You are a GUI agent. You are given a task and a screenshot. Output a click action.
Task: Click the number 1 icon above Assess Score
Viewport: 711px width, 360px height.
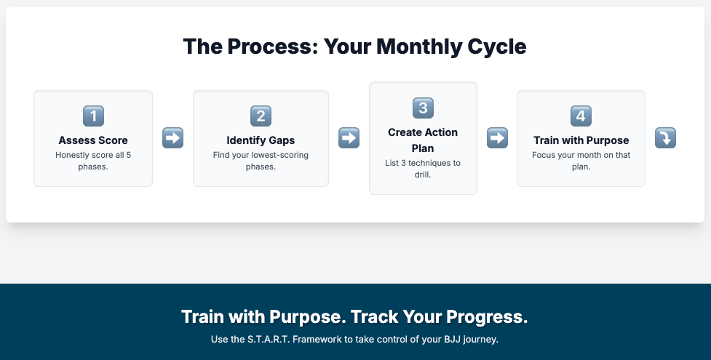(x=93, y=116)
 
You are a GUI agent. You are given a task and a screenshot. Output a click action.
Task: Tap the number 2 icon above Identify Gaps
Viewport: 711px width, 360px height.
(x=261, y=116)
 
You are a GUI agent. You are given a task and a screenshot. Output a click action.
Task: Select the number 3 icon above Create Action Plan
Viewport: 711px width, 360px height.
(x=423, y=108)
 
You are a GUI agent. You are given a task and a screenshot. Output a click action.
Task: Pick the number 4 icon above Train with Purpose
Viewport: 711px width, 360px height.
(x=581, y=116)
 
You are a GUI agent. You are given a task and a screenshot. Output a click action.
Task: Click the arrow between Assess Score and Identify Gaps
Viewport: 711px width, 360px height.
(x=172, y=138)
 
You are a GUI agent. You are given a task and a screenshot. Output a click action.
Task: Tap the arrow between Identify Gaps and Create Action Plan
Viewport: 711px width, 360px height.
(x=349, y=138)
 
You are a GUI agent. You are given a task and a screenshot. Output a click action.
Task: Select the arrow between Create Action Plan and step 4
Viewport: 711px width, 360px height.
(x=498, y=138)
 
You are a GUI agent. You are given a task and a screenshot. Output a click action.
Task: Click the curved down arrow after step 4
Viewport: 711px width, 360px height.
(x=665, y=138)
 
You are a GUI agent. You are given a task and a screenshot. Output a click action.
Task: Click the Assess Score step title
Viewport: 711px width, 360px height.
(x=93, y=140)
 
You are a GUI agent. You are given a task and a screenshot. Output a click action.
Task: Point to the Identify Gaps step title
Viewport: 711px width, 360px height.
(x=261, y=140)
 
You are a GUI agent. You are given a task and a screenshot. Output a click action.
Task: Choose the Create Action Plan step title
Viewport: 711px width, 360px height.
(x=423, y=140)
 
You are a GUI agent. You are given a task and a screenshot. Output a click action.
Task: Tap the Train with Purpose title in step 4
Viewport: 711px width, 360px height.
(x=581, y=140)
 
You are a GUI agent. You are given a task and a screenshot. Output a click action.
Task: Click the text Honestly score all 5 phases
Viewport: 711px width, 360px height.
(x=93, y=161)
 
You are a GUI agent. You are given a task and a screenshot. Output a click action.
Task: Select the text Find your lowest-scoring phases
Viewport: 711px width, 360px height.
(x=261, y=161)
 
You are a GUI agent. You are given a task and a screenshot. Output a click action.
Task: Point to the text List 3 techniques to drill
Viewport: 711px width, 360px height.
(x=423, y=169)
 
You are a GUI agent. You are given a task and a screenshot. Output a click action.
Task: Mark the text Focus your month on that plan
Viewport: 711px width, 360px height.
(x=581, y=161)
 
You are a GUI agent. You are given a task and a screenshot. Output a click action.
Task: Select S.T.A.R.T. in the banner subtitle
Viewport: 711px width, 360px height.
(x=269, y=339)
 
